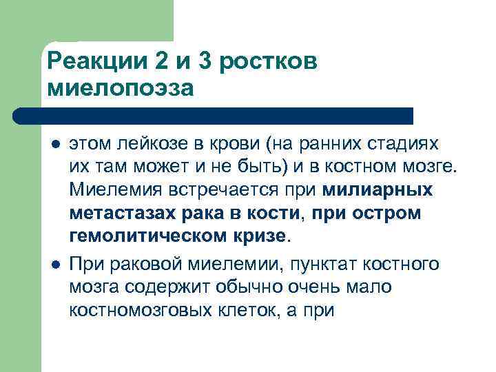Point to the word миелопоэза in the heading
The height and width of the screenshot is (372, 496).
coord(121,88)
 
